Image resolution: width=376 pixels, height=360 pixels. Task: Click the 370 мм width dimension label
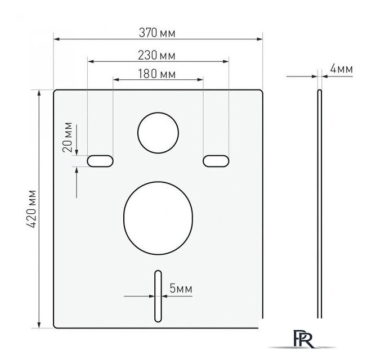pos(158,33)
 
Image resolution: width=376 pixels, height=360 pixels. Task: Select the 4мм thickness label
pos(341,69)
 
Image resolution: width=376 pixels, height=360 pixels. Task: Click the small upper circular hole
pos(158,133)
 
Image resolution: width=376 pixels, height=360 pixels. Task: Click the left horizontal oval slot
pos(100,161)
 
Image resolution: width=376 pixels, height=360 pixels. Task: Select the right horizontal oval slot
pos(217,161)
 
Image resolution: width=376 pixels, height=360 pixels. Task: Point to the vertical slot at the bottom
pos(158,296)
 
